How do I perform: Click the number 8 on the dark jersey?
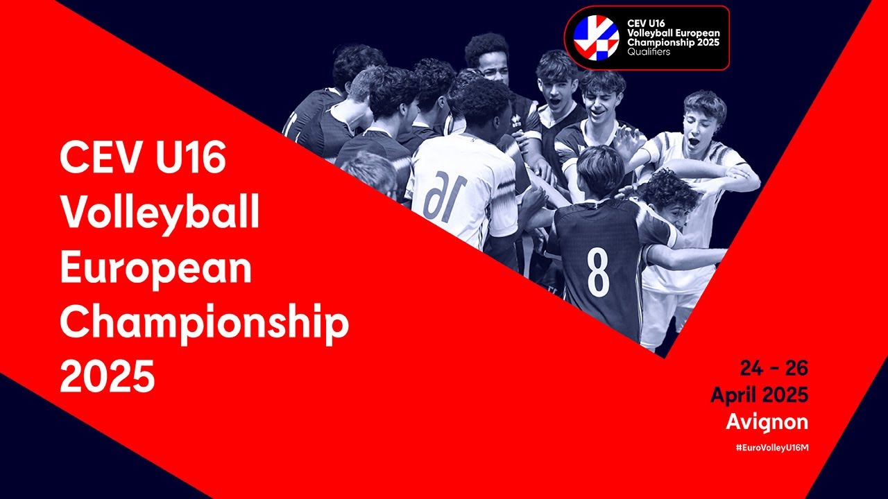(x=598, y=272)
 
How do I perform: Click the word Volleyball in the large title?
(x=160, y=213)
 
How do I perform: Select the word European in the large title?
(x=155, y=267)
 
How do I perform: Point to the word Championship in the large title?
(x=204, y=322)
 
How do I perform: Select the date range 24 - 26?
(x=774, y=368)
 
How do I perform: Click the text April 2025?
(x=759, y=395)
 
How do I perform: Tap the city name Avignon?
(x=767, y=421)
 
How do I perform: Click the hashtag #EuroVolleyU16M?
(x=772, y=448)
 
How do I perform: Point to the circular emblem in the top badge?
(x=596, y=37)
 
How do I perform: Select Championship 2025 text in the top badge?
(x=673, y=42)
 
